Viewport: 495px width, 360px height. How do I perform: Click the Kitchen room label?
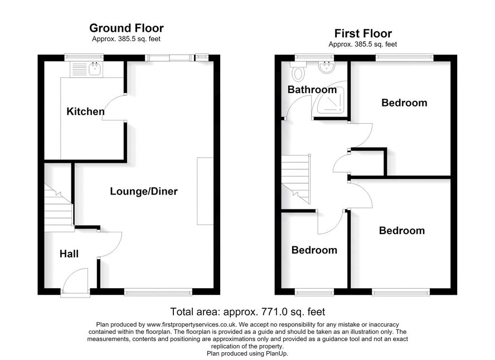85,111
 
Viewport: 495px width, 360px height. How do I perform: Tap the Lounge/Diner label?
144,191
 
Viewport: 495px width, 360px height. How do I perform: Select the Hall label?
69,254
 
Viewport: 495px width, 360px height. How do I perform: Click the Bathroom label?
312,90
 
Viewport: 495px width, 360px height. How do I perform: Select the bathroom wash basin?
327,68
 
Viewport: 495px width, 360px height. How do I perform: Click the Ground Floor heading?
127,28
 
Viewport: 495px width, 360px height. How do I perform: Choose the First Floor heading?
363,33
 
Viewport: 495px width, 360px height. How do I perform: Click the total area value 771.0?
274,312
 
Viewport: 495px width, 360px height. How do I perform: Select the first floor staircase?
296,179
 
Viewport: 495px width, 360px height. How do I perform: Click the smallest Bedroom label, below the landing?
314,250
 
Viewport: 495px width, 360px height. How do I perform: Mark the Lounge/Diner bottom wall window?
158,292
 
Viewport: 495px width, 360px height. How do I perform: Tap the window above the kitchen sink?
84,57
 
